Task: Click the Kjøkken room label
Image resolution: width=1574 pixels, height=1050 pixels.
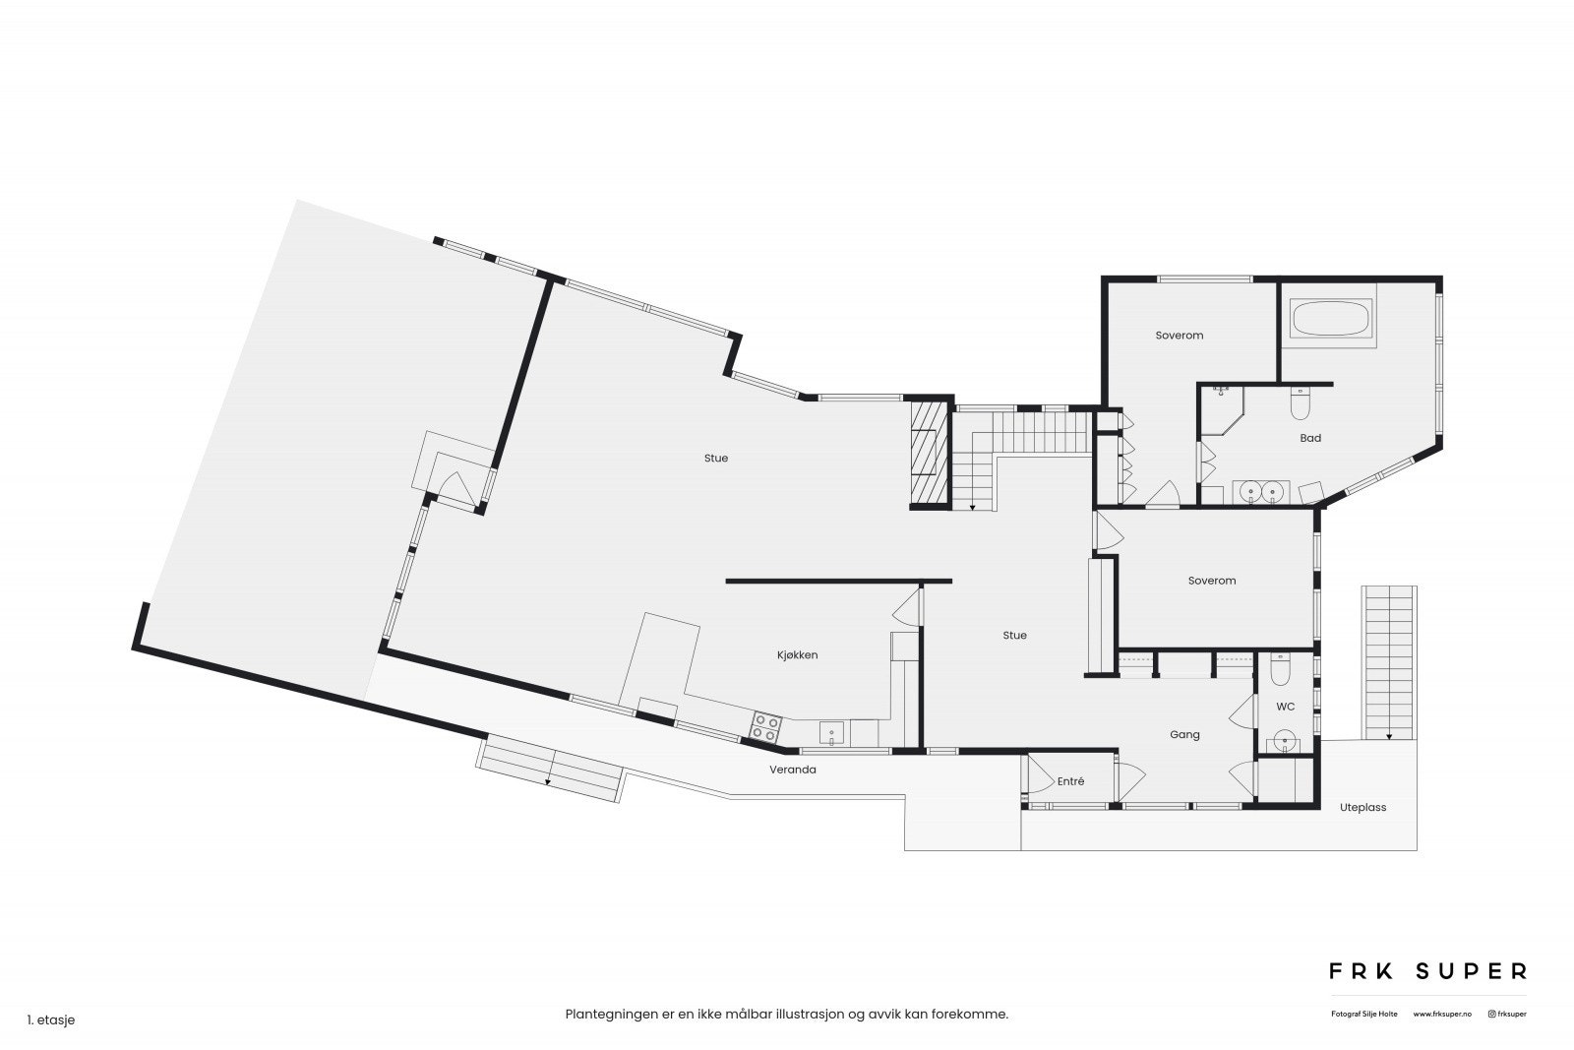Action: [797, 654]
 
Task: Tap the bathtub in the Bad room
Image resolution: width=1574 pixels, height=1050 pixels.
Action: [1330, 319]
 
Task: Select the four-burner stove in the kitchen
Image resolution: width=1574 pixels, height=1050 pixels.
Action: [765, 728]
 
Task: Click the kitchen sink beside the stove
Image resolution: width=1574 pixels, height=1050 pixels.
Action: [832, 733]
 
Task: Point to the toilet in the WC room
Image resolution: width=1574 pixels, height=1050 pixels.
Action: [1280, 670]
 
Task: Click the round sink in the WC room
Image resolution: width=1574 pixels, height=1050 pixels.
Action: [1283, 742]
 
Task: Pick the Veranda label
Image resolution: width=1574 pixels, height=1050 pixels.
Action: [793, 770]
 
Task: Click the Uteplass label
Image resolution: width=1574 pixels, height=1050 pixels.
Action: [1362, 807]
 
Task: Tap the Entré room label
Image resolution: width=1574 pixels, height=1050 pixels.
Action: [1070, 781]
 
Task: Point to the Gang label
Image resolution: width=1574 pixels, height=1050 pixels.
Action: [1184, 734]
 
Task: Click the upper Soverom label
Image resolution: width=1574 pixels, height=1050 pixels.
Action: [1179, 336]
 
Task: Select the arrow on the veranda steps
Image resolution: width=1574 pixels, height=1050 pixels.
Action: [548, 780]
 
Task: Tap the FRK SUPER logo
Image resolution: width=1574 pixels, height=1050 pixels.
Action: [1427, 971]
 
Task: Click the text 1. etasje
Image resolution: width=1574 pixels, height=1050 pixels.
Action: [51, 1020]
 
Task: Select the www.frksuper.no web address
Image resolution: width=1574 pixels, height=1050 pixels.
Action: [1442, 1014]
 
